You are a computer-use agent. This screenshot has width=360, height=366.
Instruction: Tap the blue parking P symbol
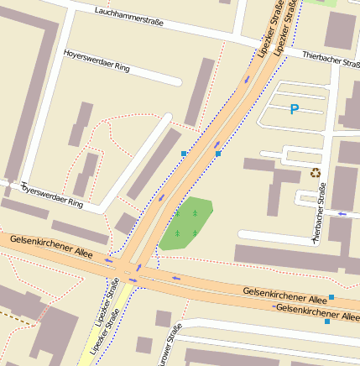(x=294, y=108)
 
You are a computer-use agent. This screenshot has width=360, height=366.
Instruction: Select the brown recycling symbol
(x=315, y=173)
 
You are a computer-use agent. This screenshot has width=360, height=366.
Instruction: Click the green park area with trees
(x=186, y=223)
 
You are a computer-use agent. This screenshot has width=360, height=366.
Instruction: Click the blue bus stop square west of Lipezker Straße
(x=184, y=153)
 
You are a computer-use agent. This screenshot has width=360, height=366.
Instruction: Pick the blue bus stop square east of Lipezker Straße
(x=218, y=154)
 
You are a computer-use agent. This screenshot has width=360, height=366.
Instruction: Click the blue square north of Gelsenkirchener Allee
(x=331, y=297)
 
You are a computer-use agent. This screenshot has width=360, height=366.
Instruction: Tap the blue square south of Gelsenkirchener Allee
(x=327, y=322)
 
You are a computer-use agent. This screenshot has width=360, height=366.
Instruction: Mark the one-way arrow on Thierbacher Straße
(x=342, y=213)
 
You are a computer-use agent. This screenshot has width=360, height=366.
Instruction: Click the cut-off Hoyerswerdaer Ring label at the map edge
(x=52, y=195)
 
